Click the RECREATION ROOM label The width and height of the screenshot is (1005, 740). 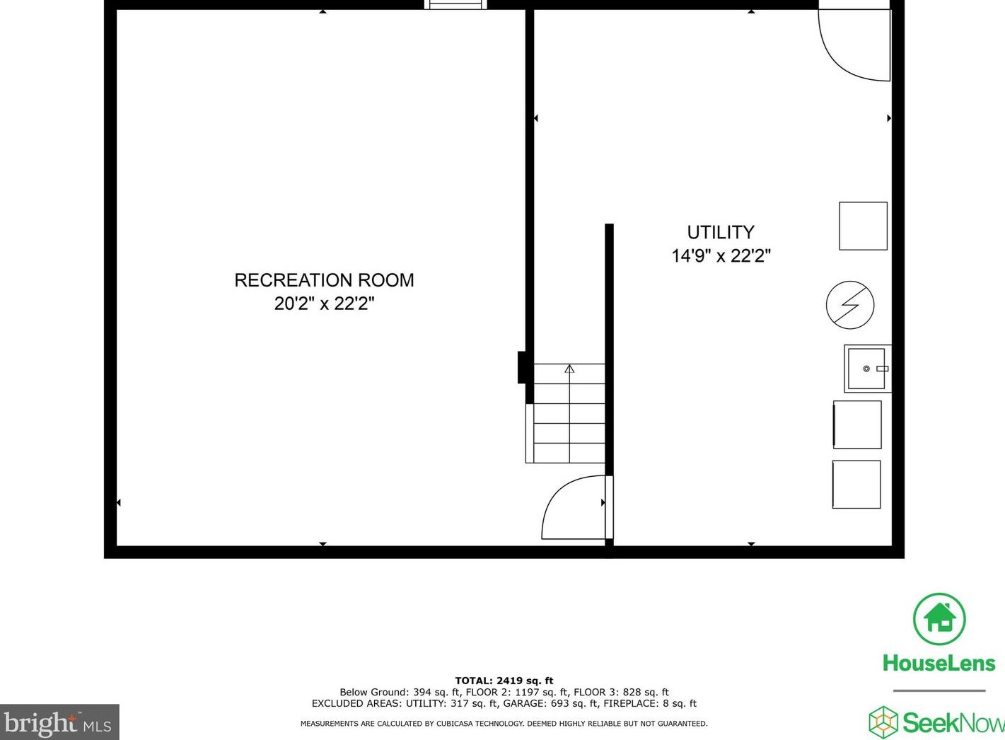point(324,280)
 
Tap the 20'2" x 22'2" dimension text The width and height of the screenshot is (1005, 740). point(324,303)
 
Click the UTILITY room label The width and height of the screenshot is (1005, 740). point(721,232)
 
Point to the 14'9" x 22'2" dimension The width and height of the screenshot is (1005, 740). point(721,255)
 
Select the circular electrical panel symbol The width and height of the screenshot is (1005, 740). point(850,305)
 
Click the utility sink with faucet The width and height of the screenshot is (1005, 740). point(867,369)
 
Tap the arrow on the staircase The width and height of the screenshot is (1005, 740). point(569,369)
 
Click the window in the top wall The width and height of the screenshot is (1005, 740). point(455,5)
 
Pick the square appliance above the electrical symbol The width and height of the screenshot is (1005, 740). point(863,226)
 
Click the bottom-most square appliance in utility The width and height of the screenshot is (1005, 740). point(856,485)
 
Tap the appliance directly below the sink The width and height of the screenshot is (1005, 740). point(857,424)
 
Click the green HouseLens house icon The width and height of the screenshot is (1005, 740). point(939,619)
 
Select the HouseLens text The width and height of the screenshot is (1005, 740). point(939,664)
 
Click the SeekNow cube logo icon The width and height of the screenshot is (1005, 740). point(883,722)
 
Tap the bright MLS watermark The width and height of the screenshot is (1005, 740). point(59,723)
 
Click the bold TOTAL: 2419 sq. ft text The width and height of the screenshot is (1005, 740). point(504,681)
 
